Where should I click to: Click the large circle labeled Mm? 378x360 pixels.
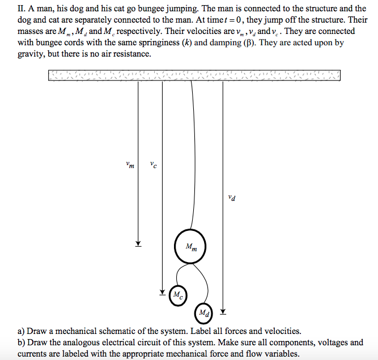[191, 247]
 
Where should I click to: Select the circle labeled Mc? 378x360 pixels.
[177, 294]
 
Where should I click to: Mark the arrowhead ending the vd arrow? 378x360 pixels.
[223, 311]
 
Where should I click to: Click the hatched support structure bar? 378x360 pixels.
[194, 75]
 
